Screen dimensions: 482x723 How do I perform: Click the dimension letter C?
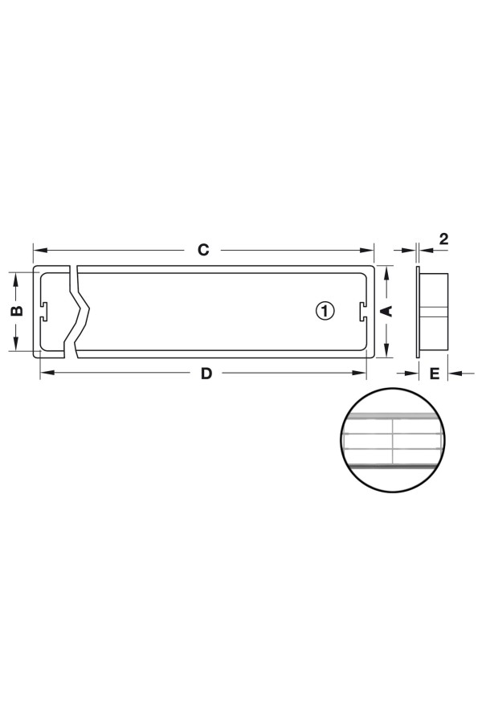pyautogui.click(x=203, y=250)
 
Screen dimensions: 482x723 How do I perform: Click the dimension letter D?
pyautogui.click(x=206, y=373)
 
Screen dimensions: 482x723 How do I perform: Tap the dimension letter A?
pyautogui.click(x=386, y=311)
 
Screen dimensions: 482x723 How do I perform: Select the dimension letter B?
pyautogui.click(x=17, y=311)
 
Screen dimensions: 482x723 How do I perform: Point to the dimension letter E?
pyautogui.click(x=435, y=374)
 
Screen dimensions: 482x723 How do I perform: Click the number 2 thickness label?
pyautogui.click(x=443, y=239)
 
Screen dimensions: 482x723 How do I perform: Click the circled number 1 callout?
pyautogui.click(x=325, y=311)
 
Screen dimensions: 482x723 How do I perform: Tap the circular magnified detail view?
pyautogui.click(x=393, y=441)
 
